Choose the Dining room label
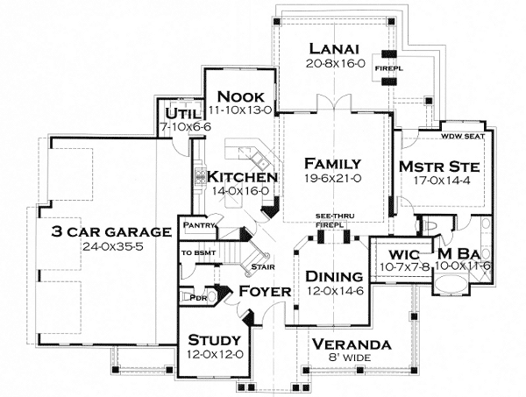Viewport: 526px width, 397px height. (334, 277)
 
